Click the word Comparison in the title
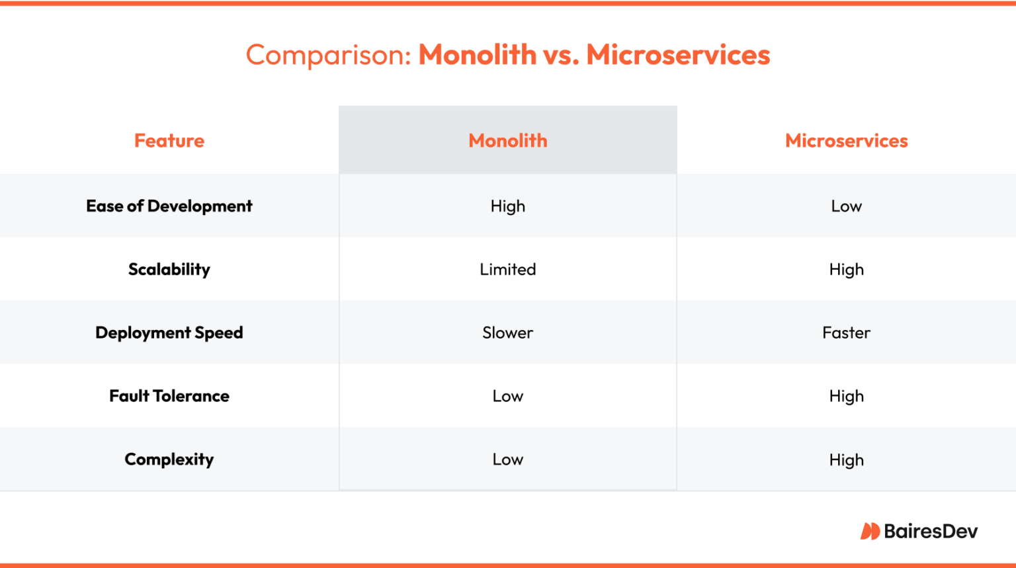[329, 55]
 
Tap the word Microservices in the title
[678, 55]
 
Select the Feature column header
[169, 141]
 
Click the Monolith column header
[508, 141]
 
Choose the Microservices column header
[846, 141]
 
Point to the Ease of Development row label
[169, 206]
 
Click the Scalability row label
[169, 270]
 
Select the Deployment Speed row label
[169, 333]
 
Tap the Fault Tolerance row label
[169, 396]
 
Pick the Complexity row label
[169, 460]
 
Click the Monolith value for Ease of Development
[508, 206]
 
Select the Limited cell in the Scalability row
[508, 270]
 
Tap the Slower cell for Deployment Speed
[508, 333]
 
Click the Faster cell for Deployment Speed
[846, 333]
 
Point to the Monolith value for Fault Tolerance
[508, 396]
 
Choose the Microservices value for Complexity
[846, 460]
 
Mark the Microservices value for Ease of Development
[846, 206]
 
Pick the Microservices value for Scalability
[846, 270]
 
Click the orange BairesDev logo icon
[870, 531]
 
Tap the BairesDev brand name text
[931, 531]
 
